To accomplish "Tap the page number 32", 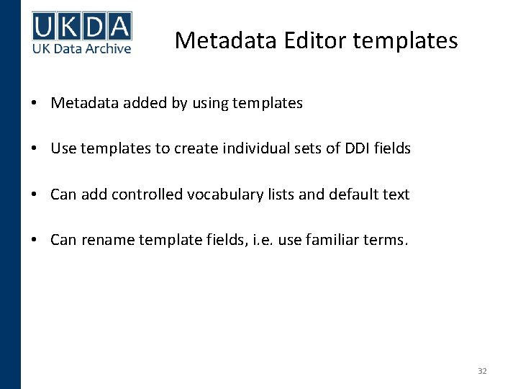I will point(482,371).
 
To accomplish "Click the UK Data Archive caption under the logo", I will point(81,48).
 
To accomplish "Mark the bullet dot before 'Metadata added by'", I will point(35,103).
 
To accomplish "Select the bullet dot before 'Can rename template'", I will point(35,240).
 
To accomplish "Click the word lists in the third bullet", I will point(283,194).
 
